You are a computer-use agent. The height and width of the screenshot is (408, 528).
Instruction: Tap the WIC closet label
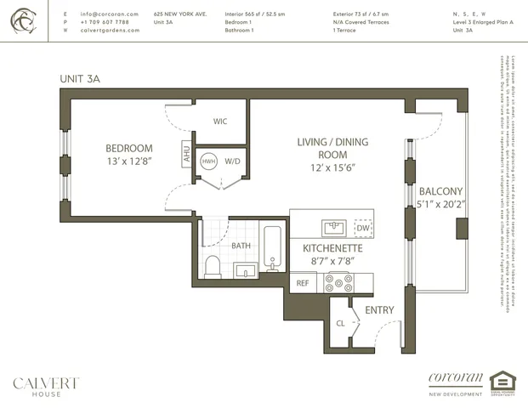click(219, 122)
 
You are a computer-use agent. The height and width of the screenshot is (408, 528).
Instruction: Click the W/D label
click(232, 161)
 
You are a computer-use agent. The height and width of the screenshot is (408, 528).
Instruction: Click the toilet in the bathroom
click(213, 266)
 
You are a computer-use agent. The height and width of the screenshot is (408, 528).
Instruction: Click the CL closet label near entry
click(341, 324)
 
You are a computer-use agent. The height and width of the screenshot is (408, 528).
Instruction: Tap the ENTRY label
click(379, 310)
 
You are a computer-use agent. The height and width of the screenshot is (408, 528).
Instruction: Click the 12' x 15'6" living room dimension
click(321, 168)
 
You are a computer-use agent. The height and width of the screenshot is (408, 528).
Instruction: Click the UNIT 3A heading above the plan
click(80, 79)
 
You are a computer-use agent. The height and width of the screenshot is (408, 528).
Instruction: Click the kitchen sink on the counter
click(332, 227)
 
